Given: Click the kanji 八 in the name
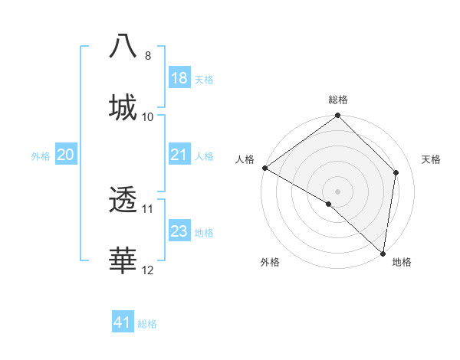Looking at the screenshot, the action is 123,46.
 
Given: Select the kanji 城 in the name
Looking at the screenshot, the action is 123,106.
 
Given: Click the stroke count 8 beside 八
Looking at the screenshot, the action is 148,56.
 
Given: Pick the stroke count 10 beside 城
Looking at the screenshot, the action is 148,117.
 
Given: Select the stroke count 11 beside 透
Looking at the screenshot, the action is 148,208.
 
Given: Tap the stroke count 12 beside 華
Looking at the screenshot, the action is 148,270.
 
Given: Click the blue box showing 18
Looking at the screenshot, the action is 179,78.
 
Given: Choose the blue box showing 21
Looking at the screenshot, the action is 179,155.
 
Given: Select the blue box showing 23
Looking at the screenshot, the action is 179,231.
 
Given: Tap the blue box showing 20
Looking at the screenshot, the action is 65,155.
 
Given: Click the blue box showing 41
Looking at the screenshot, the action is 123,323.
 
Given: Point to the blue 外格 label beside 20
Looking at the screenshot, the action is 41,156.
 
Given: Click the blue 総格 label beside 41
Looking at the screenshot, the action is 147,325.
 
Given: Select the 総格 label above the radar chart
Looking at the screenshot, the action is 338,100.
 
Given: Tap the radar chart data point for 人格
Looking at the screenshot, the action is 264,168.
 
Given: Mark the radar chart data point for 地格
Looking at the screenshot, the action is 383,253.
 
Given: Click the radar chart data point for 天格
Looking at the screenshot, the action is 396,172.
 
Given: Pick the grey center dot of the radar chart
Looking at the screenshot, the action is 338,191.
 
